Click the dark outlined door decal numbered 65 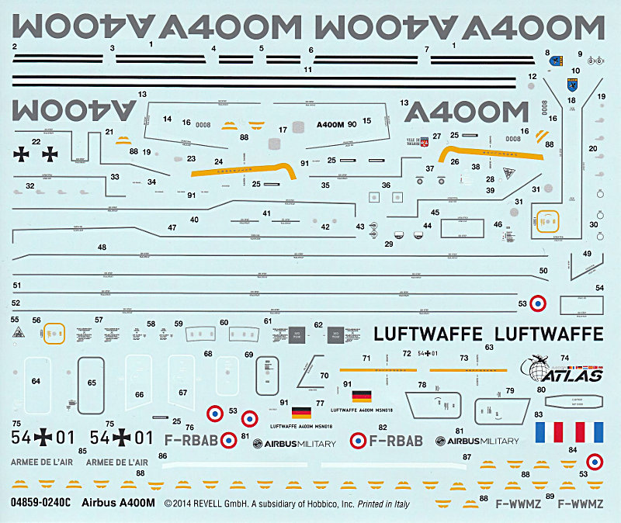(92, 383)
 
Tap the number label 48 (102, 248)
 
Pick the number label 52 (16, 303)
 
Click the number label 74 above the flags (564, 358)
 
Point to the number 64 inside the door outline (36, 381)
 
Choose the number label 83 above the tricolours (537, 415)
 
